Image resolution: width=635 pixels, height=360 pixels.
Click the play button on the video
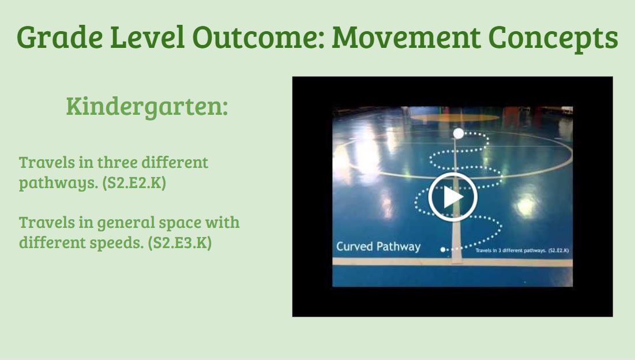pyautogui.click(x=453, y=197)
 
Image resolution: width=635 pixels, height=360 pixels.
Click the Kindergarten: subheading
pyautogui.click(x=146, y=107)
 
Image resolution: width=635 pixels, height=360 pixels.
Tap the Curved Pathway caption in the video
pyautogui.click(x=378, y=247)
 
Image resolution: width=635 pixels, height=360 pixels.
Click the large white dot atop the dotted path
pyautogui.click(x=459, y=133)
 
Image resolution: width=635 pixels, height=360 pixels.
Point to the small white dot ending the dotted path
pyautogui.click(x=443, y=249)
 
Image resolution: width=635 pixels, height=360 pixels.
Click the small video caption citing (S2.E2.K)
pyautogui.click(x=523, y=251)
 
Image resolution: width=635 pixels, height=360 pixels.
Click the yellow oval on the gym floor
pyautogui.click(x=453, y=118)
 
